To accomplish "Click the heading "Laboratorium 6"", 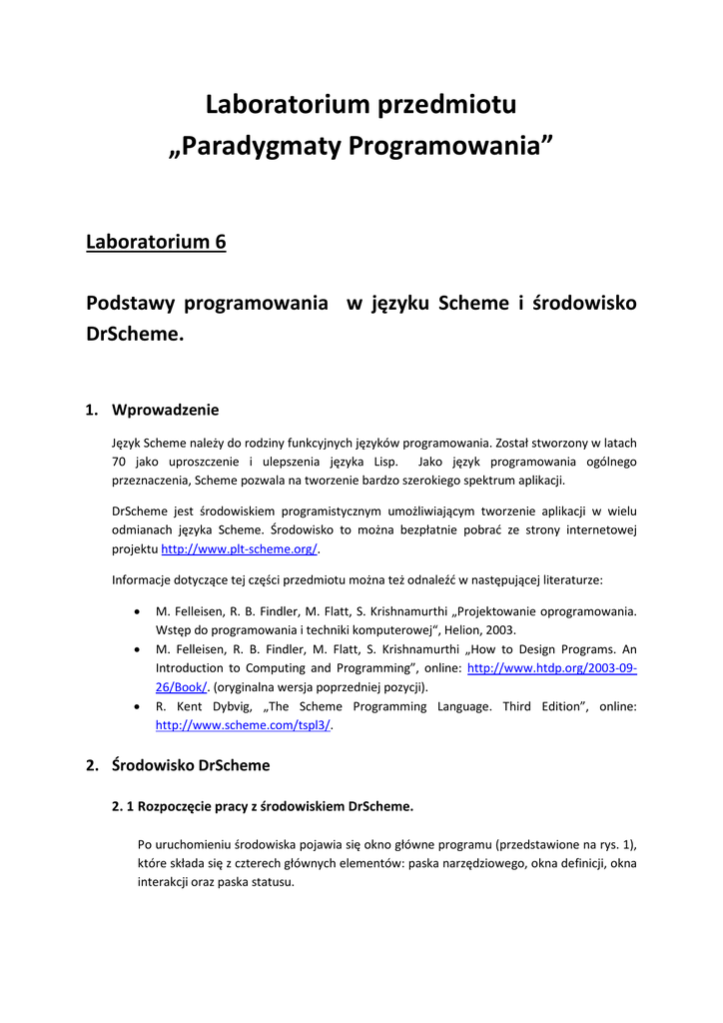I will coord(156,242).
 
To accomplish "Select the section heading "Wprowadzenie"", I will coord(165,409).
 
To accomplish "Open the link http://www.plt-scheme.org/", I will coord(240,549).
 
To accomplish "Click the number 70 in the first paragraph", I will coord(120,462).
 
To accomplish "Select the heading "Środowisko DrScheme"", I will coord(191,765).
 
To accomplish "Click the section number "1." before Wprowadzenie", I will coord(92,409).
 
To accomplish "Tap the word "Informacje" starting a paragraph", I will coord(141,579).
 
